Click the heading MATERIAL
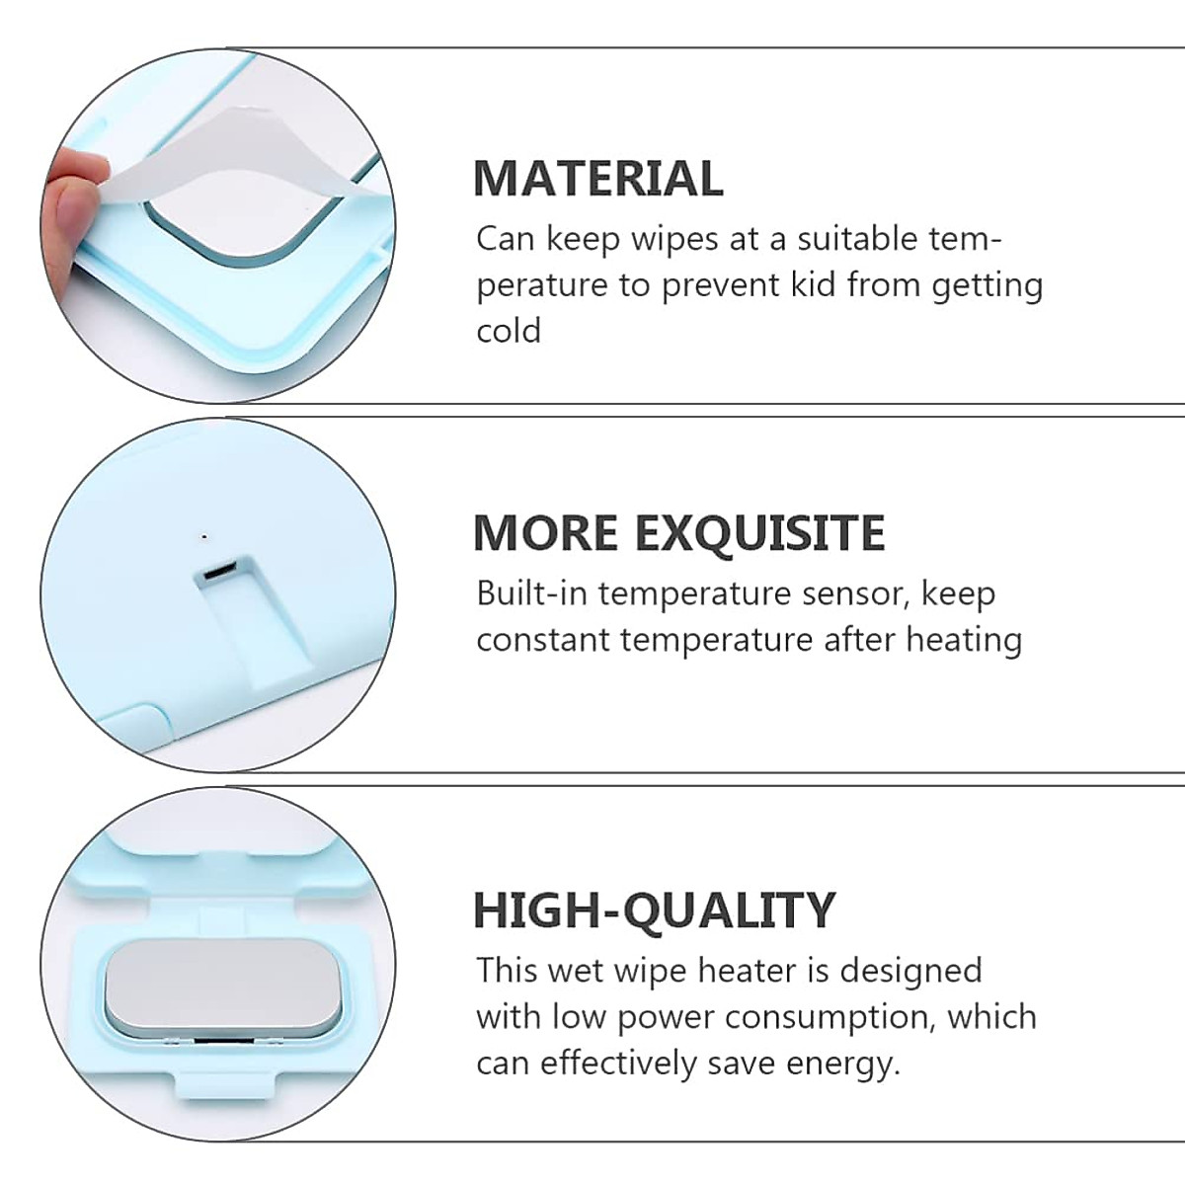(597, 179)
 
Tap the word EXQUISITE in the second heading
(759, 533)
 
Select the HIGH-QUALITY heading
(654, 909)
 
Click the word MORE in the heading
(546, 533)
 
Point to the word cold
(509, 330)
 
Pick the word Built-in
(532, 593)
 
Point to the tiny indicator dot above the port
(203, 537)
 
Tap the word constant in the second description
(542, 640)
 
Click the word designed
(910, 970)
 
